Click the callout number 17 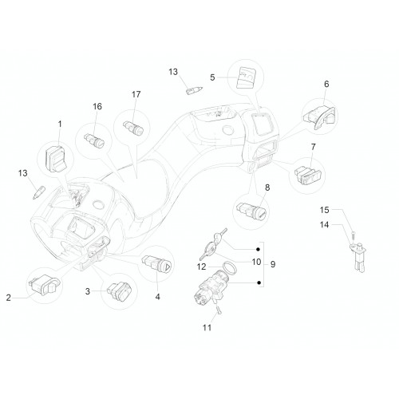point(136,94)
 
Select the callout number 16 point(97,106)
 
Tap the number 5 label point(212,77)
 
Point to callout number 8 point(267,188)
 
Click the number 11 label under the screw point(207,327)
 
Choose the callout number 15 point(324,210)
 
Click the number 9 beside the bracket point(273,264)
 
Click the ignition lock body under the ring point(210,289)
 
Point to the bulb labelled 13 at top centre point(194,91)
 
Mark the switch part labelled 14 point(358,257)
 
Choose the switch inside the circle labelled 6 point(319,117)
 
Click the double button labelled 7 point(308,174)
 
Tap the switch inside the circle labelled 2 point(44,284)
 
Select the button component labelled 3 point(120,291)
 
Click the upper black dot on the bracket point(258,249)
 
